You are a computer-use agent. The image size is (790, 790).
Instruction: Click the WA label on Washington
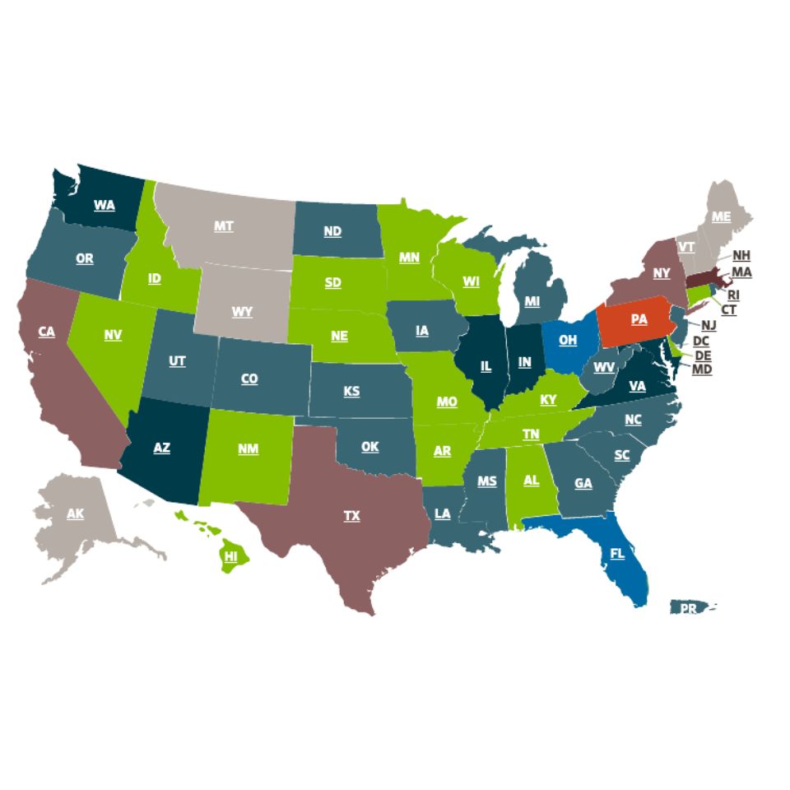point(105,205)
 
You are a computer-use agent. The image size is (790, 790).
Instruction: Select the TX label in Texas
point(351,516)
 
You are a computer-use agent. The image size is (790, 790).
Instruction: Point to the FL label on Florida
point(617,554)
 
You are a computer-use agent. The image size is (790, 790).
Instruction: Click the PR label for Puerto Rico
point(686,609)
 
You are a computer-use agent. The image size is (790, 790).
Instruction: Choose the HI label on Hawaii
point(231,556)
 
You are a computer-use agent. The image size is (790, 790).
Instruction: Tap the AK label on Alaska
point(75,513)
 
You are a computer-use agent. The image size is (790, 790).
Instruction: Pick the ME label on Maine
point(721,216)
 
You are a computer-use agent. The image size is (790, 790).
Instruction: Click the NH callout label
point(741,255)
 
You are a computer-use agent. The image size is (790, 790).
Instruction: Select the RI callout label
point(733,295)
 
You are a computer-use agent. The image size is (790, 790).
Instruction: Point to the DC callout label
point(701,340)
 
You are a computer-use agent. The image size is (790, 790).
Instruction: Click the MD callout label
point(702,369)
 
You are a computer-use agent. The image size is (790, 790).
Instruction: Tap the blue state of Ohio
point(568,339)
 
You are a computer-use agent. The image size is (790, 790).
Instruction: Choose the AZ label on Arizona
point(162,448)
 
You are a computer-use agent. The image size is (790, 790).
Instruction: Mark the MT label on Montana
point(223,225)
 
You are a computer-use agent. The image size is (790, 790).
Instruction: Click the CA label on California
point(46,332)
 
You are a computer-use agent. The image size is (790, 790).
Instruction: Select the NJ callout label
point(709,325)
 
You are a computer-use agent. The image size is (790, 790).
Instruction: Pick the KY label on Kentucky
point(548,400)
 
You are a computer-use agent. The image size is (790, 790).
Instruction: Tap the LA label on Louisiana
point(443,513)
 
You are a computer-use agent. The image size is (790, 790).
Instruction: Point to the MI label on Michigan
point(532,301)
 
